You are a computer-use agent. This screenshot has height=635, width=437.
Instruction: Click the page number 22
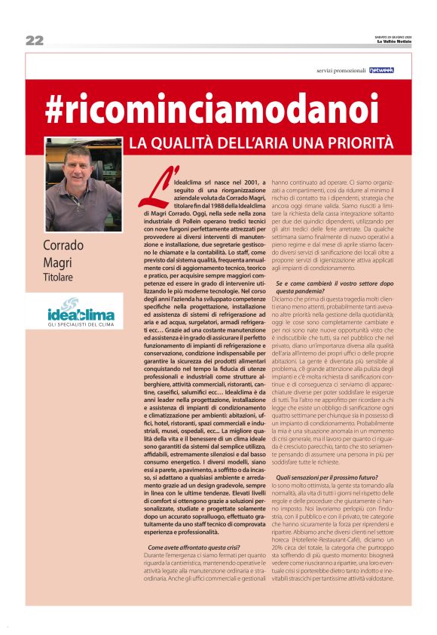click(34, 40)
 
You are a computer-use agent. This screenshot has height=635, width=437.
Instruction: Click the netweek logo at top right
click(381, 70)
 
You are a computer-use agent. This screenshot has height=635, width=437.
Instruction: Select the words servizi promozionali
click(341, 70)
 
